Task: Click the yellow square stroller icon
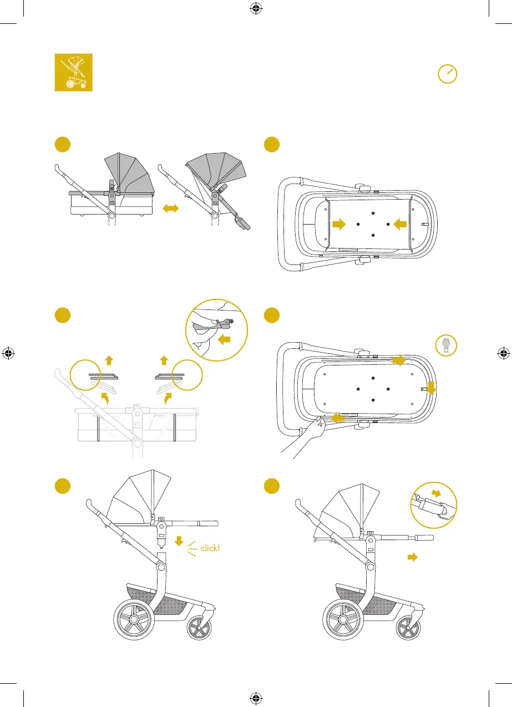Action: [73, 72]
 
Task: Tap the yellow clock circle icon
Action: [447, 74]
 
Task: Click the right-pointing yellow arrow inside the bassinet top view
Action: [337, 224]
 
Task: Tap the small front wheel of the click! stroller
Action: [199, 628]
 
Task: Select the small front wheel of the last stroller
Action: [409, 628]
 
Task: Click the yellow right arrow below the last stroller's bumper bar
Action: [412, 558]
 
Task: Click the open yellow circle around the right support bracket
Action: [187, 376]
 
